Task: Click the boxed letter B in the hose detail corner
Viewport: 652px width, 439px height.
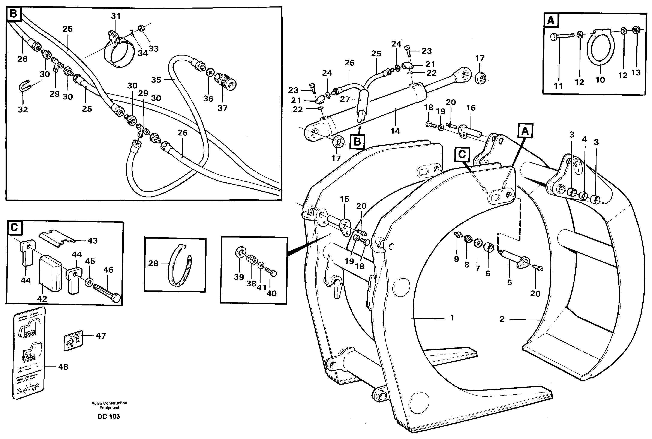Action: click(x=13, y=14)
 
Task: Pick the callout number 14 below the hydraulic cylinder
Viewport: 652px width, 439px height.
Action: click(x=395, y=131)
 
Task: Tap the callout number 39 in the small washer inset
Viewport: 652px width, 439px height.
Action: click(x=239, y=277)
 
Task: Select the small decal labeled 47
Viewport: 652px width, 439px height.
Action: click(x=73, y=340)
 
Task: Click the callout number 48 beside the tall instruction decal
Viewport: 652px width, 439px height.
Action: click(x=63, y=367)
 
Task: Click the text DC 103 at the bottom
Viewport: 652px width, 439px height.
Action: click(x=109, y=416)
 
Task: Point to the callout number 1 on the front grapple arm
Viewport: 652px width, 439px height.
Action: click(x=452, y=318)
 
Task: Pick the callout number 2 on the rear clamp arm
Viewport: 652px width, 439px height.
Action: click(x=502, y=319)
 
